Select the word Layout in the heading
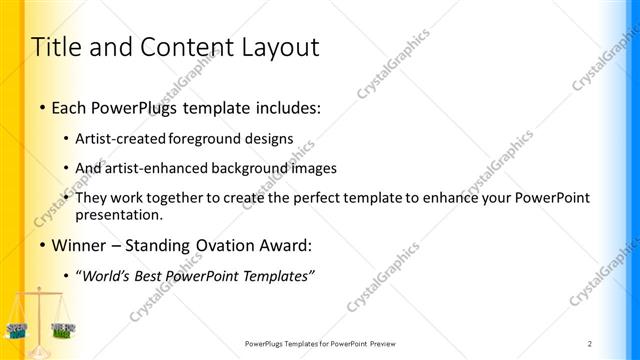(x=282, y=47)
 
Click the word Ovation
(x=236, y=245)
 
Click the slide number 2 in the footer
(x=590, y=343)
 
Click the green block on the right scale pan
(x=63, y=330)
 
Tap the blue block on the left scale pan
(x=17, y=327)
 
